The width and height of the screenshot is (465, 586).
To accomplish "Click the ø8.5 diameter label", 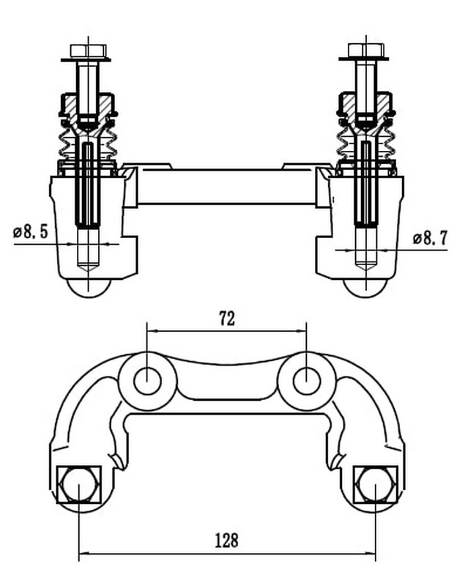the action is tap(30, 232).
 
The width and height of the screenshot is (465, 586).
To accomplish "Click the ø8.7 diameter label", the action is tap(430, 237).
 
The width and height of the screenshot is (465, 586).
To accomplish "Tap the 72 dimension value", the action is tap(227, 319).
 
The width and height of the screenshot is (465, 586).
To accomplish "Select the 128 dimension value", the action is tap(227, 541).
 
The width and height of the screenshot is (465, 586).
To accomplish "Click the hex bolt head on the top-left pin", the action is tap(88, 51).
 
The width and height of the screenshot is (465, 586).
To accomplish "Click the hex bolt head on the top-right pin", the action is tap(366, 50).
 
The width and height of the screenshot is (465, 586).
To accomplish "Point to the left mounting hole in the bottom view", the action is tap(147, 381).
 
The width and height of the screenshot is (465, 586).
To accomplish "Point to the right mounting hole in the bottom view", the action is tap(307, 381).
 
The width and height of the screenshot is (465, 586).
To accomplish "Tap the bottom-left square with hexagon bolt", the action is tap(79, 484).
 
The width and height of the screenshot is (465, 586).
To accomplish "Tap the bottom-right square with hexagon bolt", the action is tap(376, 484).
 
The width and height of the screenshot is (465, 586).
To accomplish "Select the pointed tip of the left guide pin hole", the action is tap(88, 272).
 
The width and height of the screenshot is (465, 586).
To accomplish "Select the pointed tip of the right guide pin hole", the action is tap(366, 272).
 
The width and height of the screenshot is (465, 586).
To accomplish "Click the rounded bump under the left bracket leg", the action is tap(89, 288).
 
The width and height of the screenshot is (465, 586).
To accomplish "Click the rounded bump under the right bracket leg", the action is tap(365, 288).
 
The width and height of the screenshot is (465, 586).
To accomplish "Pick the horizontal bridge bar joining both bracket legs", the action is tap(227, 187).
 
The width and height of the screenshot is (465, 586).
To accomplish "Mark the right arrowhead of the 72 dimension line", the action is tap(301, 331).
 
